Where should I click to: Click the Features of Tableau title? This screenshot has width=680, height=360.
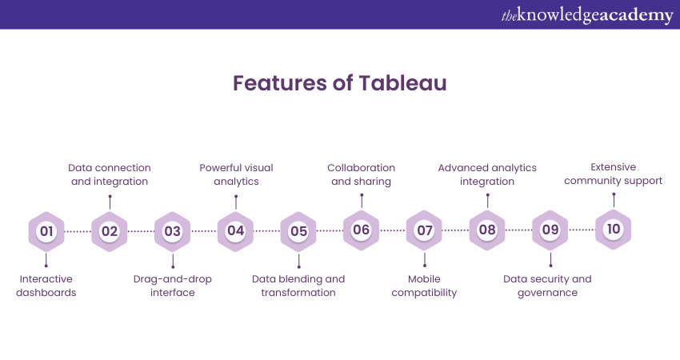click(340, 83)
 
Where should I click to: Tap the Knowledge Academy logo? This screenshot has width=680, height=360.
click(587, 14)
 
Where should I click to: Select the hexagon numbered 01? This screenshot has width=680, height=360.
click(46, 231)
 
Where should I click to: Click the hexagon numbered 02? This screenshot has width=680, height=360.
click(110, 231)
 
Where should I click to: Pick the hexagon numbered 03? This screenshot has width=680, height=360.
click(173, 231)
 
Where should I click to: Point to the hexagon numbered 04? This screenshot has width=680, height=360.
click(235, 231)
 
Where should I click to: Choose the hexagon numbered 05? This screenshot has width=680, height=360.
click(298, 231)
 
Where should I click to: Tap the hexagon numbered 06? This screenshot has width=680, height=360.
click(362, 230)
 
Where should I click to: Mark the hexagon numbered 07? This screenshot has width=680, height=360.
click(424, 230)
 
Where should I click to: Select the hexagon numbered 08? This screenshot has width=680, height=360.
click(487, 230)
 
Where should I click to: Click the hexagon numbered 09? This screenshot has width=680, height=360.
click(550, 230)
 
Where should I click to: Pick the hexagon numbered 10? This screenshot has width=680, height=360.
click(614, 230)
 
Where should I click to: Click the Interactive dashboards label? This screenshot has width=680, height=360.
click(46, 286)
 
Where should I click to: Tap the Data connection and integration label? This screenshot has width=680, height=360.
click(110, 174)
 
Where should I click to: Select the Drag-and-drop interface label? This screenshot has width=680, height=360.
click(173, 286)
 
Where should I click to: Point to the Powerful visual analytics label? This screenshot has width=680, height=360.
click(236, 174)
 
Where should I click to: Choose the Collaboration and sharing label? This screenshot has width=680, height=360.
click(362, 174)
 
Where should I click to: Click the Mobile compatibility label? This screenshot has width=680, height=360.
click(424, 286)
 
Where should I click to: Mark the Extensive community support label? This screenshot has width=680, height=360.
click(614, 174)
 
